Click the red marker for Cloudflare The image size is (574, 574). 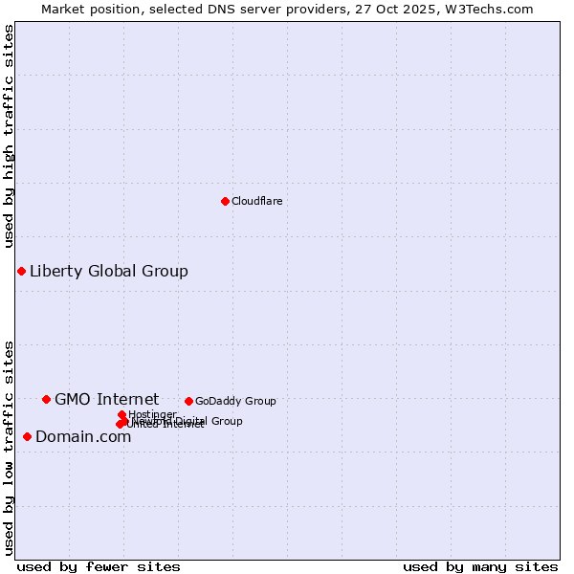click(x=225, y=201)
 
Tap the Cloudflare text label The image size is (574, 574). click(x=256, y=201)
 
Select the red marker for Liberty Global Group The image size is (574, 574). click(x=21, y=271)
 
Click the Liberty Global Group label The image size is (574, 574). click(x=108, y=271)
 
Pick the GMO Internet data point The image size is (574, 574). click(x=46, y=399)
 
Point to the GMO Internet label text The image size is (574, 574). click(x=106, y=399)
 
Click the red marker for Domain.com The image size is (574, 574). click(x=27, y=436)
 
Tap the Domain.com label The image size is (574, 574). click(x=83, y=436)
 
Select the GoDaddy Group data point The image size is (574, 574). click(x=188, y=401)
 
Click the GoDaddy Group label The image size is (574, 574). click(x=234, y=401)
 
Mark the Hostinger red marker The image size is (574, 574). click(x=121, y=414)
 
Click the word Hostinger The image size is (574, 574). click(x=152, y=414)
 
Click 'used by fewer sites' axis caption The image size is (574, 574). click(x=99, y=566)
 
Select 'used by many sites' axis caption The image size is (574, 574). click(x=480, y=566)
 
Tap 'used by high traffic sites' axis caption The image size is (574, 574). click(x=9, y=136)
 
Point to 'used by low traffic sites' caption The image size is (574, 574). click(x=9, y=447)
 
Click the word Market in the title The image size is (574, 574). click(x=63, y=9)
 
